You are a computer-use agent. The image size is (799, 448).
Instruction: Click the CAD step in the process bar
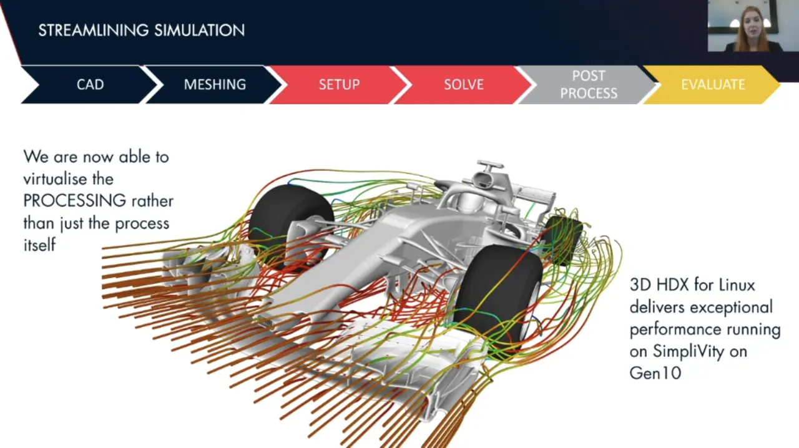(x=90, y=84)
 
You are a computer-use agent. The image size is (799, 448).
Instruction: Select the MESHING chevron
(x=215, y=84)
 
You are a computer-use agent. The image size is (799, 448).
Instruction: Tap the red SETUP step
(x=339, y=84)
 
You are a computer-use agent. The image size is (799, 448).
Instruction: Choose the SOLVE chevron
(x=464, y=84)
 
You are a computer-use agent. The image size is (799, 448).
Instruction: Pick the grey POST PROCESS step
(x=589, y=84)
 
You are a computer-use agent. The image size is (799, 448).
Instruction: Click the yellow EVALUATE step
(x=713, y=84)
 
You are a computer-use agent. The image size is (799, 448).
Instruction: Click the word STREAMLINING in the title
(x=94, y=31)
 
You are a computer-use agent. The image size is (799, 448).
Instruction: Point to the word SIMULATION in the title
(x=200, y=31)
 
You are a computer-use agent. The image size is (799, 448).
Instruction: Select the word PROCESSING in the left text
(x=74, y=201)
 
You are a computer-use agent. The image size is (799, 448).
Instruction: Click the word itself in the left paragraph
(x=39, y=245)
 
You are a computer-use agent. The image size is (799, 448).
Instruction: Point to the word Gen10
(x=655, y=373)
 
